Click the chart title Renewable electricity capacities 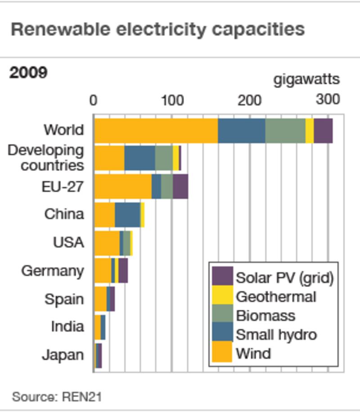157,29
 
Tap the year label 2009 28,72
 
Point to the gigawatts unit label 306,79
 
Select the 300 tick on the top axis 327,100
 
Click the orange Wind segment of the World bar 156,131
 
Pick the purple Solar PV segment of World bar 323,131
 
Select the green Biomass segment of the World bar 285,131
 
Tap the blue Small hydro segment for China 127,215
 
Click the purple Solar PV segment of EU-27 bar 180,186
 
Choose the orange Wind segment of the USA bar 107,243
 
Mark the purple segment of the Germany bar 123,271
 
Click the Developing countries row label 46,158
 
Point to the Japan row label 63,355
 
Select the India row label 67,326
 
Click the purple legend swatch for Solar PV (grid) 222,276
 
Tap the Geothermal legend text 276,296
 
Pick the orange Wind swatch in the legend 222,352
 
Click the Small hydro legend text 276,334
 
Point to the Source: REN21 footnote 57,397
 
